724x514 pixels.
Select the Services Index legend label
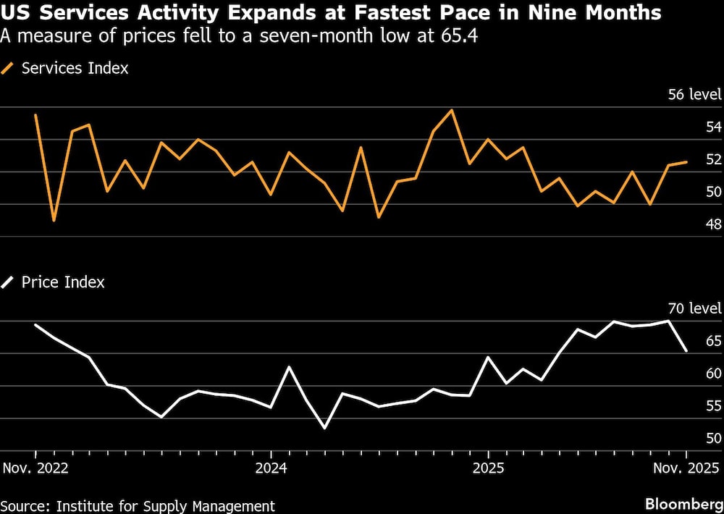click(75, 69)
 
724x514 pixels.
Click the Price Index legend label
click(63, 282)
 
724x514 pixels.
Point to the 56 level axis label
click(695, 95)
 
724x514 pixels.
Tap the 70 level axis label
click(695, 308)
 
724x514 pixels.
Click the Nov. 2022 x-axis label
click(35, 467)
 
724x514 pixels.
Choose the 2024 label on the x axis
click(271, 467)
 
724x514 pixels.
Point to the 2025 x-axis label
click(488, 467)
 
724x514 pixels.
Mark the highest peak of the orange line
click(452, 110)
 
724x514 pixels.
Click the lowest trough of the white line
click(324, 428)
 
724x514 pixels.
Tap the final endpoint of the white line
click(686, 350)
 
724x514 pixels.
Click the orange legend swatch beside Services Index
click(9, 69)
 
